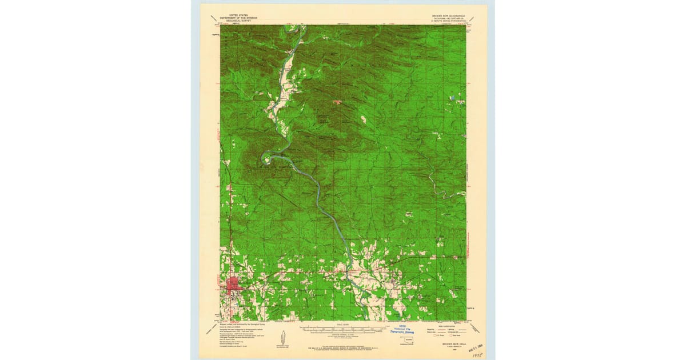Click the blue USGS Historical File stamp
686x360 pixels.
coord(404,330)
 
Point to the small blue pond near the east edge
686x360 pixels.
coord(453,98)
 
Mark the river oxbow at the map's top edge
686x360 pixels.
coord(298,33)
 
